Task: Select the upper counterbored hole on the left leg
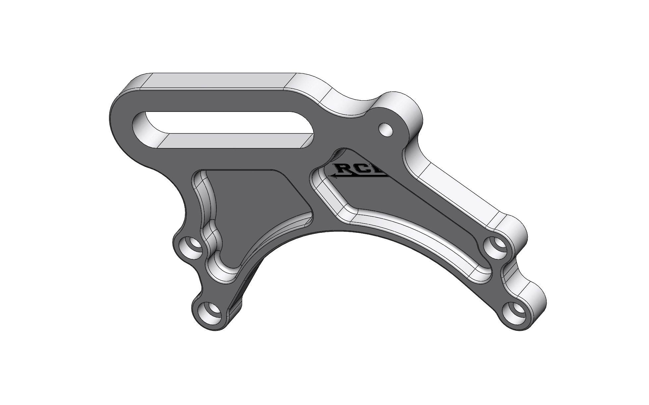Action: [x=192, y=247]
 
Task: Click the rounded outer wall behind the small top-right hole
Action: [x=406, y=109]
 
